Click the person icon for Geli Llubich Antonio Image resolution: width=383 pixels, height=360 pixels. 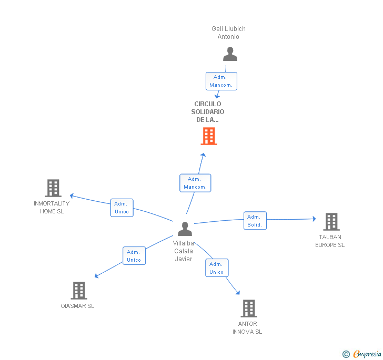coord(230,55)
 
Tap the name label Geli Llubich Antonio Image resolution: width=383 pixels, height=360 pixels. coord(228,33)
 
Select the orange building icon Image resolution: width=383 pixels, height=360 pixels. coord(209,136)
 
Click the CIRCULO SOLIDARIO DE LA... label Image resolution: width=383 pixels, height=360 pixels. coord(208,111)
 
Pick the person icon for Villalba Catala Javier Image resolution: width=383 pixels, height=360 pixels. coord(185,229)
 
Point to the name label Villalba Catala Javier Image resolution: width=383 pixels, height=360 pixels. coord(184,251)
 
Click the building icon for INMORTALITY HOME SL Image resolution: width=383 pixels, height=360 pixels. coord(53,188)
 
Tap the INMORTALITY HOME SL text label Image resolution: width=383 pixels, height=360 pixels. coord(52,207)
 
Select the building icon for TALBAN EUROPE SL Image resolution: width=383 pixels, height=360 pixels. coord(331,222)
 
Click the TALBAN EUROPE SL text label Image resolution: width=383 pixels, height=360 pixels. coord(330,241)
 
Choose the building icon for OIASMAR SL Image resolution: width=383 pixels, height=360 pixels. coord(78,290)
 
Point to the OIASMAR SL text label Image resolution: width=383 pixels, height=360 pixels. coord(77,306)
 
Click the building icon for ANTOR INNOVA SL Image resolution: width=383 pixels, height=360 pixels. coord(248,308)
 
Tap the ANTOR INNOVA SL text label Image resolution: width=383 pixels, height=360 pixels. coord(247,327)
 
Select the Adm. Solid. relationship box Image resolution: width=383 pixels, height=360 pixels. coord(255,221)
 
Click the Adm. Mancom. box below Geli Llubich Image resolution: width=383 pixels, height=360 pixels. coord(221,81)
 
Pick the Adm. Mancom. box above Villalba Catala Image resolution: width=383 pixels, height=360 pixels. coord(195,183)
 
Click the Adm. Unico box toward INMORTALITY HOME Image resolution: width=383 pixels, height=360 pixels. coord(122,208)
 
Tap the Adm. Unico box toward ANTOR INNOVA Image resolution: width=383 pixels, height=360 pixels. coord(216,268)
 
